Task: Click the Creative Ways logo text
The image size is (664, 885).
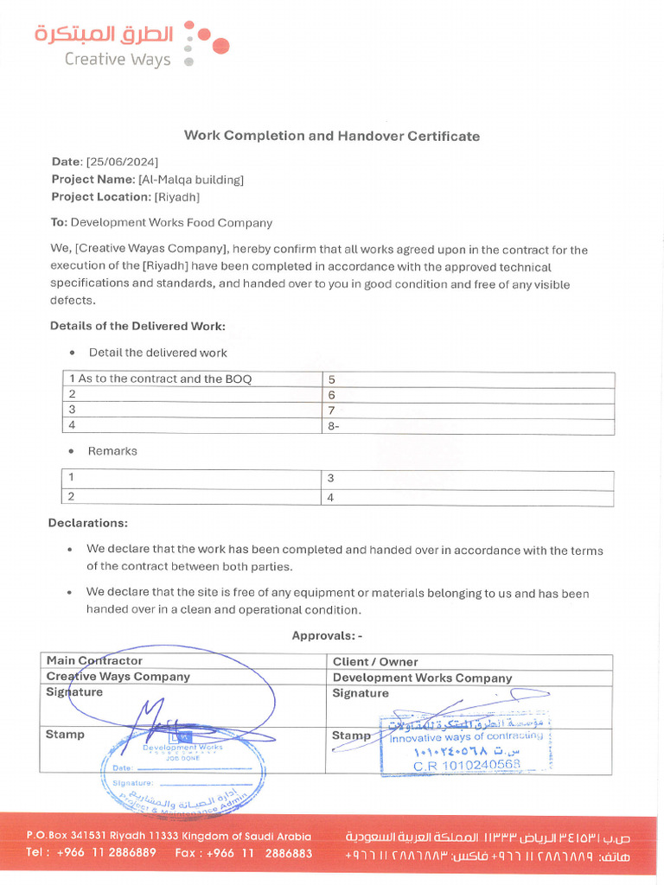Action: [118, 60]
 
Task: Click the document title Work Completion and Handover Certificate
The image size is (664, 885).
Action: [331, 136]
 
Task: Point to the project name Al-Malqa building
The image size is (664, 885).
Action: [191, 180]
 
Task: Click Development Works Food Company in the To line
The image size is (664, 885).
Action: [171, 223]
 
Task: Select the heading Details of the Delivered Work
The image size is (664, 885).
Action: [137, 326]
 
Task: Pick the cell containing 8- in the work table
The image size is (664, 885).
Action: [333, 426]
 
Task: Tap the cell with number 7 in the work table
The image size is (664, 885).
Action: [331, 410]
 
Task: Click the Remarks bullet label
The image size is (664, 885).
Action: [112, 451]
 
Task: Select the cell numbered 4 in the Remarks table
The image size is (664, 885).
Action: [330, 498]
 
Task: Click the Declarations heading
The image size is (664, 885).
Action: [88, 523]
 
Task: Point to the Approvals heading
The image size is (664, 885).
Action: [327, 635]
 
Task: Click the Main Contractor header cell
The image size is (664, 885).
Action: [94, 661]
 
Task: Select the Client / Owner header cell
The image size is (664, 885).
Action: [375, 662]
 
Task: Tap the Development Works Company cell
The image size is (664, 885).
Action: [422, 678]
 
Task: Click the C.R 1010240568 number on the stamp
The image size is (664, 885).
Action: [467, 765]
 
